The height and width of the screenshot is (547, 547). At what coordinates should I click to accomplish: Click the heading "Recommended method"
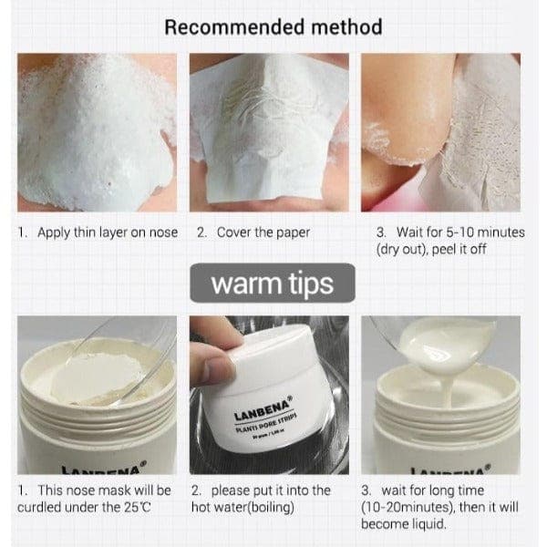click(273, 26)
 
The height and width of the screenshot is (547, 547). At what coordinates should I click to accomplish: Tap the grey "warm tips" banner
click(272, 284)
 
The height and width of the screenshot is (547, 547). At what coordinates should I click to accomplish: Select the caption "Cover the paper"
click(263, 232)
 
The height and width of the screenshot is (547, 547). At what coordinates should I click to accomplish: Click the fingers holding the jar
click(218, 369)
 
